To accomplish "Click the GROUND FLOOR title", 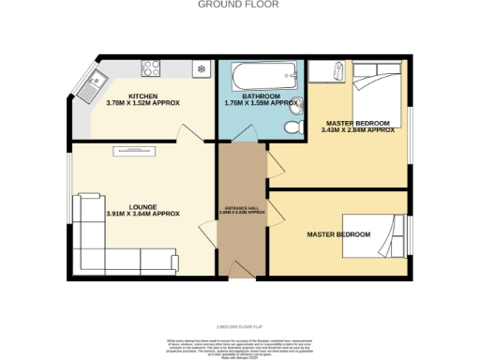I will pyautogui.click(x=239, y=5).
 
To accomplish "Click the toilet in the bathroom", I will pyautogui.click(x=295, y=125).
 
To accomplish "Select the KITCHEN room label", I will pyautogui.click(x=143, y=96).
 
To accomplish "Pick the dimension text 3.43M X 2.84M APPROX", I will pyautogui.click(x=357, y=130).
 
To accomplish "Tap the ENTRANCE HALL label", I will pyautogui.click(x=242, y=207).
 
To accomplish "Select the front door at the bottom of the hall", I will pyautogui.click(x=242, y=272).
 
